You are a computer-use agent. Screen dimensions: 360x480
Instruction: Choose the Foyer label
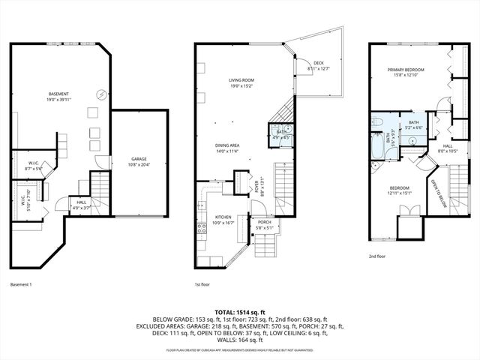click(259, 179)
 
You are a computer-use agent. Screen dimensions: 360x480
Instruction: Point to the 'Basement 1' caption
click(22, 285)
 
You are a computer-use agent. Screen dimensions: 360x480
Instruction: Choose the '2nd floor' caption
click(376, 256)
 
